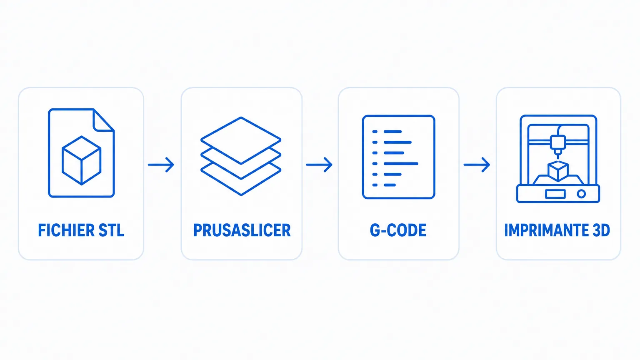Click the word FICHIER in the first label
pyautogui.click(x=66, y=230)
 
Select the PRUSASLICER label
pyautogui.click(x=242, y=230)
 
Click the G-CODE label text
pyautogui.click(x=398, y=230)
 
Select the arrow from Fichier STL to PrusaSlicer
pyautogui.click(x=161, y=165)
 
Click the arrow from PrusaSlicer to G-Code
pyautogui.click(x=319, y=165)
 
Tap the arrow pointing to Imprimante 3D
pyautogui.click(x=477, y=165)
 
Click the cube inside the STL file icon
pyautogui.click(x=81, y=160)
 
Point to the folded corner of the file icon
pyautogui.click(x=103, y=120)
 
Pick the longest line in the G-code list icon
pyautogui.click(x=401, y=164)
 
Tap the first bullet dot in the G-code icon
pyautogui.click(x=375, y=132)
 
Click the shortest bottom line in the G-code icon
pyautogui.click(x=390, y=185)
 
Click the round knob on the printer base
pyautogui.click(x=581, y=194)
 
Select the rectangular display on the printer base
pyautogui.click(x=555, y=194)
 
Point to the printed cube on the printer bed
pyautogui.click(x=558, y=171)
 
